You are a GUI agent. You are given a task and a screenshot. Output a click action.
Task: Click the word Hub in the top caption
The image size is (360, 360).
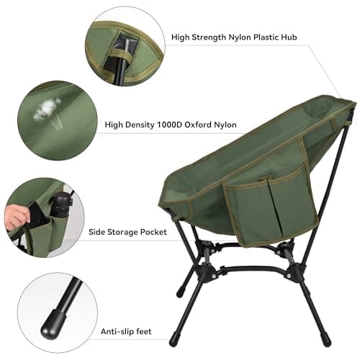284,37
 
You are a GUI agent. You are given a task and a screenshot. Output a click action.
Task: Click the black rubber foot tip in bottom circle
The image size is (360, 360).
51,328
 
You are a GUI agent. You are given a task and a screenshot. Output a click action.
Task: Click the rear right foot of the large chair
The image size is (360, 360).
325,337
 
